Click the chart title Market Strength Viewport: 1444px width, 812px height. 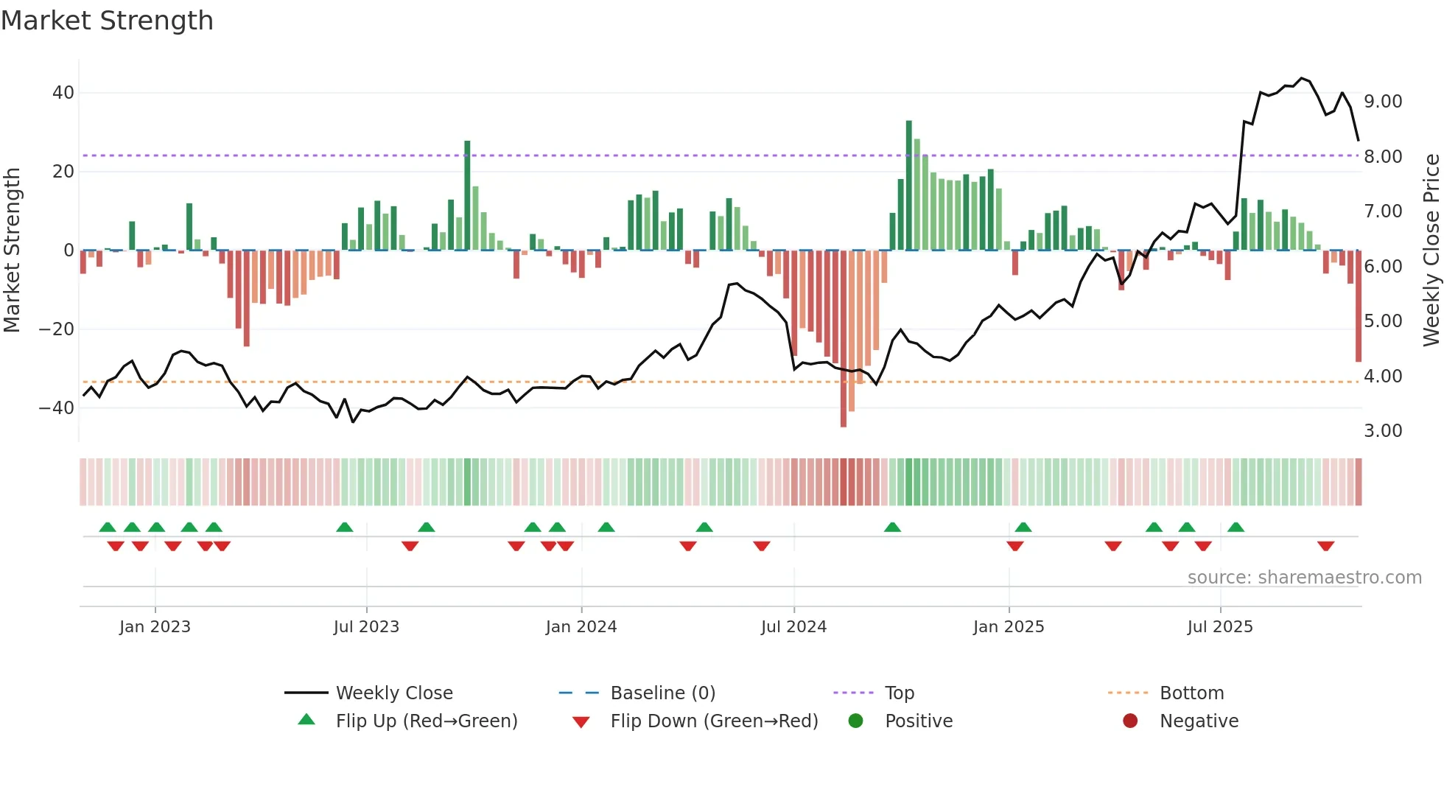(107, 21)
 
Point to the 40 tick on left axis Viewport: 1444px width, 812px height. (63, 93)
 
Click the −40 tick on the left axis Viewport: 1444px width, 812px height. (57, 407)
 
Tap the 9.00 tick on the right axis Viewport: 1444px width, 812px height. (1383, 102)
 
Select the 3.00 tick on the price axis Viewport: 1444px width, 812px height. (1383, 431)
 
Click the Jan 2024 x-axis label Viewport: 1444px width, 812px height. (581, 627)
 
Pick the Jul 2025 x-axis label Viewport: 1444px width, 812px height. (1220, 627)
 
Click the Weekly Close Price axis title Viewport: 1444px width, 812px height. (1431, 250)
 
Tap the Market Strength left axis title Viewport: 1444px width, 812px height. (13, 250)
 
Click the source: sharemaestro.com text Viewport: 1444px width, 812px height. (1304, 578)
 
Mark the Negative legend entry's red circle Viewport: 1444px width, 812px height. (1130, 721)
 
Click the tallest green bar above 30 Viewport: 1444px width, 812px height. (909, 184)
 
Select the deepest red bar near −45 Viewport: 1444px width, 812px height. (844, 339)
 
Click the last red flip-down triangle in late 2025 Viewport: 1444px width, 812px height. (1326, 546)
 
